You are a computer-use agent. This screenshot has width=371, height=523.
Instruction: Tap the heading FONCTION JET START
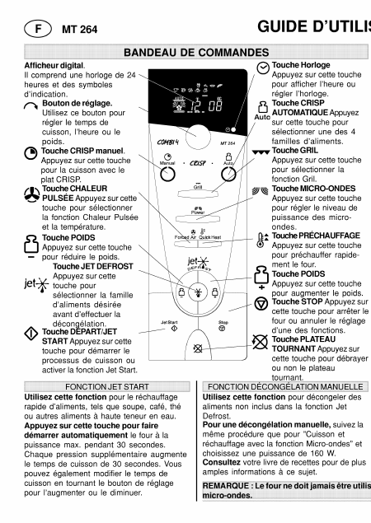click(100, 385)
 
